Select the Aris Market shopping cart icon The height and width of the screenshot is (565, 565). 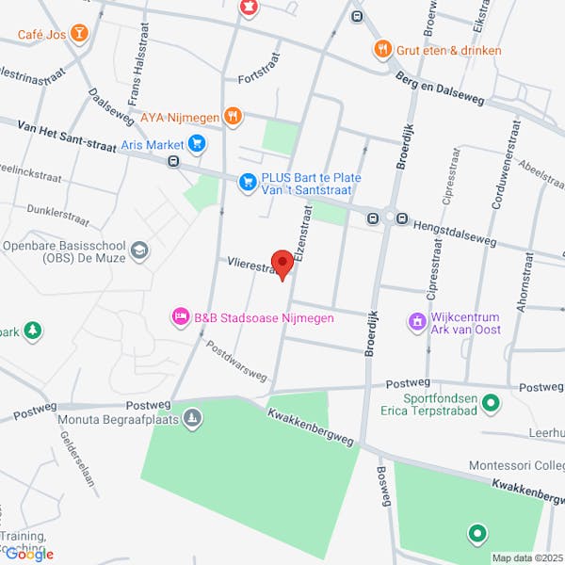point(196,144)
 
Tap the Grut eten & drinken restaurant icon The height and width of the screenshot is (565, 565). point(381,50)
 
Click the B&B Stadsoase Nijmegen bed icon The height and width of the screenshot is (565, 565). point(179,317)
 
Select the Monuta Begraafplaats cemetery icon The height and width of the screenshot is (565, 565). point(192,418)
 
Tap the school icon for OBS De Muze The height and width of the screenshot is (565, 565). point(139,250)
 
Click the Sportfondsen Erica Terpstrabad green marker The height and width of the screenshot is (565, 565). point(490,403)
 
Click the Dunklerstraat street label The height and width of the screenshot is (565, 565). point(58,216)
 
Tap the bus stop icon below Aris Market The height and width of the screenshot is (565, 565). point(173,161)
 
